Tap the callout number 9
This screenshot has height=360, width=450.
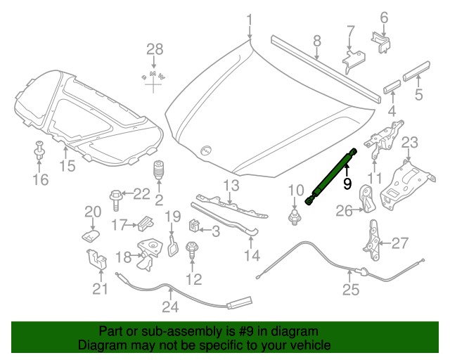346,184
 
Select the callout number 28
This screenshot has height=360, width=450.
154,49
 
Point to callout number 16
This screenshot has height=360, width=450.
40,180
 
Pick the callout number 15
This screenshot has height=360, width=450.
66,166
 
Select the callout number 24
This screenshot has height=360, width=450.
170,307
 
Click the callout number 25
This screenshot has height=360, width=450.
350,289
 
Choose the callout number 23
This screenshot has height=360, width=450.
410,143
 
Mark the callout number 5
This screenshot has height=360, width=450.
418,92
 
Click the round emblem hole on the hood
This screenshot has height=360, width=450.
206,150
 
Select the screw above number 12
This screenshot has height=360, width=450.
191,250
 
